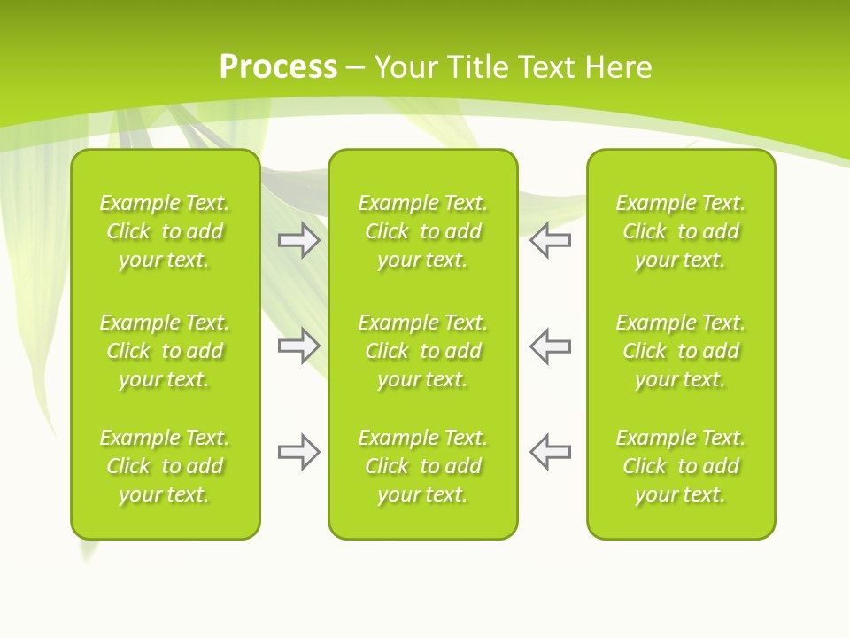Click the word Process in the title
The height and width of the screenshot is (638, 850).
point(278,67)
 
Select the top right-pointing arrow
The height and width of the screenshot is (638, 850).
point(298,240)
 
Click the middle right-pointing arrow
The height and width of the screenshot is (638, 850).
point(298,346)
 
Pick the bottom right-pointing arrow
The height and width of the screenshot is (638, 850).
point(298,452)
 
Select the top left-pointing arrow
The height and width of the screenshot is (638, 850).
point(550,240)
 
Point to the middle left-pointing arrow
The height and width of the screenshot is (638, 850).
point(550,346)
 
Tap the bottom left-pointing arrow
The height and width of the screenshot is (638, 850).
point(550,452)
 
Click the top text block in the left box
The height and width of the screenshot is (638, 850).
point(165,231)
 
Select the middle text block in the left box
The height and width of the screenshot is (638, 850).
point(165,351)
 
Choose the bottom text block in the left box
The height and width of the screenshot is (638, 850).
point(165,466)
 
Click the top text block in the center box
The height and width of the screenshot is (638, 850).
point(422,231)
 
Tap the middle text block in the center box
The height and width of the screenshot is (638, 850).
point(422,351)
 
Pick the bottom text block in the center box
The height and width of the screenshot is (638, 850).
point(422,466)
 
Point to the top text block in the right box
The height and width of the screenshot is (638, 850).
point(680,231)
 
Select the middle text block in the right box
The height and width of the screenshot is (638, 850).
point(680,351)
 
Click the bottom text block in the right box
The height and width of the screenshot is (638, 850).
point(680,466)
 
